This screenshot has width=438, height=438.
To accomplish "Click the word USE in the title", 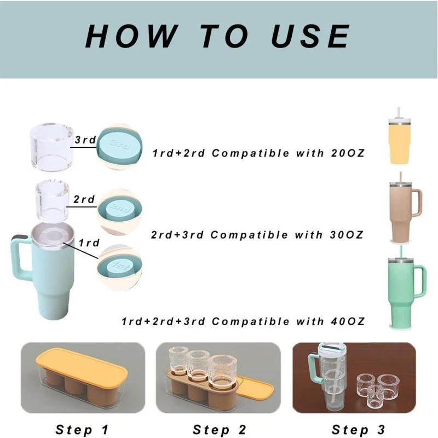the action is point(310,36).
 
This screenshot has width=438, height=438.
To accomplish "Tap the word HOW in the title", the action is point(131,36).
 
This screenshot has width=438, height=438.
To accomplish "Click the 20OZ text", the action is point(348,153).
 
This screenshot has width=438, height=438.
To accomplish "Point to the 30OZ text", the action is point(347,235).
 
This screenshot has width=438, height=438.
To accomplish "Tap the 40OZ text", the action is point(348,321).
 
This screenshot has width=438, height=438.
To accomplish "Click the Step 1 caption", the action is point(82,430).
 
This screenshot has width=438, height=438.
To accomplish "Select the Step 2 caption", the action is point(220,430).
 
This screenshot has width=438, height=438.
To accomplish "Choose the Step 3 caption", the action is point(359,430).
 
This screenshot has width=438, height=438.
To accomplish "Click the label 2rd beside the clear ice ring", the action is point(84,199).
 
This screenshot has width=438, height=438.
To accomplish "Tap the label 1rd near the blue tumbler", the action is point(89,243).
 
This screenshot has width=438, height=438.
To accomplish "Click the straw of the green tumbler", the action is point(401,252).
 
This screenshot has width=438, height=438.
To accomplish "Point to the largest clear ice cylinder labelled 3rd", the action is point(52,147).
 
